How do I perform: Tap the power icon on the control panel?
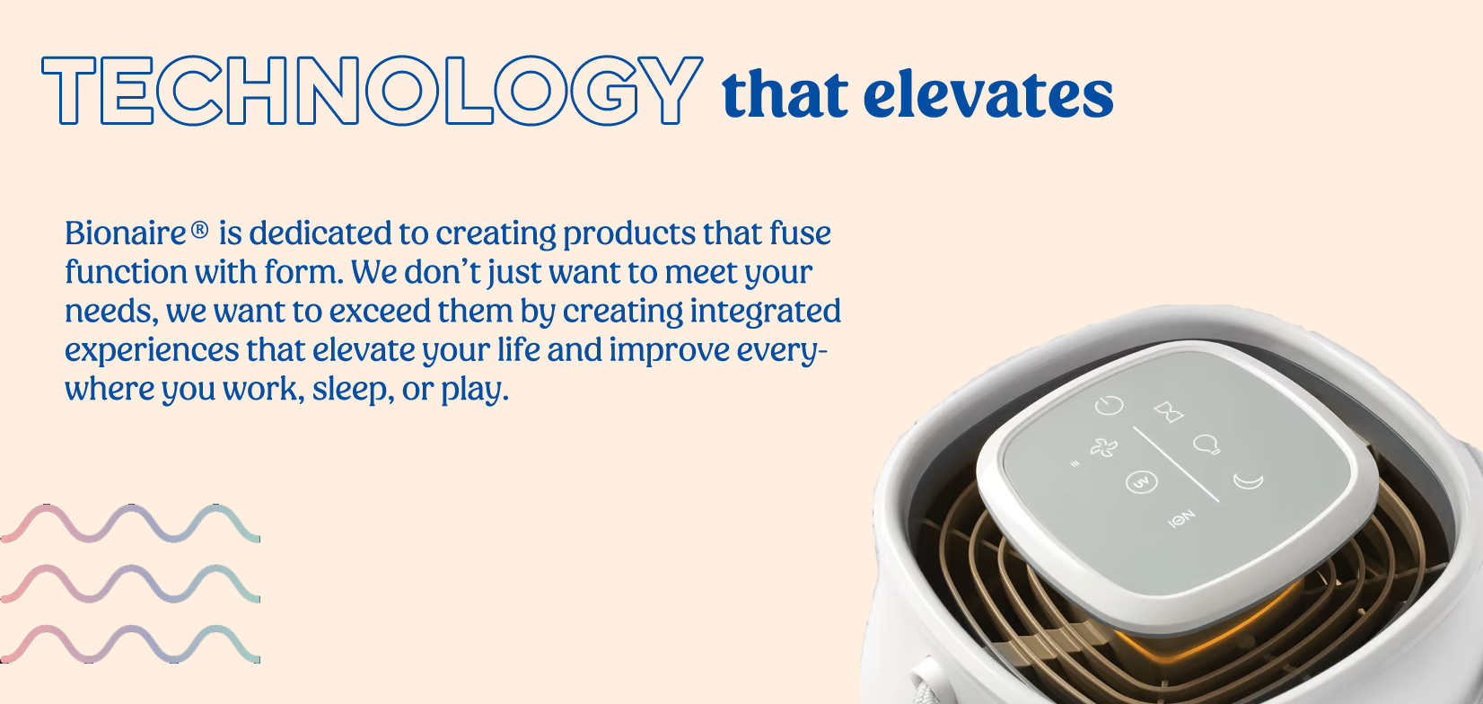pos(1109,405)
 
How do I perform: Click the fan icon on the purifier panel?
pos(1103,448)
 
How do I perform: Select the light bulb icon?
pos(1207,444)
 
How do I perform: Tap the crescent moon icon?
pos(1249,480)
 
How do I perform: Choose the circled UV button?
pos(1141,481)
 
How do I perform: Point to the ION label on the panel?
pos(1181,518)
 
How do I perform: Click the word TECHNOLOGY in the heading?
pos(372,91)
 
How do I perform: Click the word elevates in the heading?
pos(988,95)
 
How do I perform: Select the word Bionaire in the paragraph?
pos(125,233)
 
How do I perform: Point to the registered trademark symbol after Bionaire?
pos(199,229)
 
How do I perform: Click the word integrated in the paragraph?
pos(766,312)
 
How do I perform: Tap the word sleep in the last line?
pos(349,390)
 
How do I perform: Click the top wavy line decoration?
pos(130,524)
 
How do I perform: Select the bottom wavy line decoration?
pos(130,644)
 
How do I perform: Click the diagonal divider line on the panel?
pos(1175,463)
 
